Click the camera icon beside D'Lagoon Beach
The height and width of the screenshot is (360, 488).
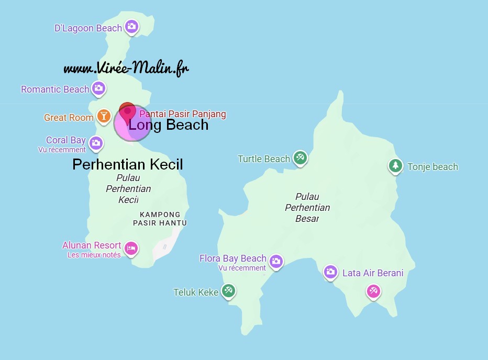tap(131, 26)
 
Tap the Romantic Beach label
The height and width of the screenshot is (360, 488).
tap(55, 89)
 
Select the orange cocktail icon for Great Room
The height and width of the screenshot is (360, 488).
tap(104, 116)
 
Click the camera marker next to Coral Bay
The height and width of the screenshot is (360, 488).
tap(95, 142)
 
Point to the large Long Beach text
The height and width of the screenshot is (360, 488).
tap(169, 125)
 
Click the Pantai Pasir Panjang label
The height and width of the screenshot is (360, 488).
tap(182, 114)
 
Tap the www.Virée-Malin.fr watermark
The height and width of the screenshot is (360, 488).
tap(126, 69)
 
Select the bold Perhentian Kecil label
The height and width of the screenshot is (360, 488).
tap(127, 165)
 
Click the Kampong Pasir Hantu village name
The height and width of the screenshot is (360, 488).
tap(160, 219)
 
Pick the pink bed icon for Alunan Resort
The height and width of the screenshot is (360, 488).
tap(131, 248)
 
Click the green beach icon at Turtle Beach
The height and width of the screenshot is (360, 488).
tap(300, 157)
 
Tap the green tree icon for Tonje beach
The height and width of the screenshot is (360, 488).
tap(395, 166)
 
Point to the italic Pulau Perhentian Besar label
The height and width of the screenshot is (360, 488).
tap(307, 207)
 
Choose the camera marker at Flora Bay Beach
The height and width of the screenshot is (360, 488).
tap(276, 260)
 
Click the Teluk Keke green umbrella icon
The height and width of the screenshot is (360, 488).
tap(228, 290)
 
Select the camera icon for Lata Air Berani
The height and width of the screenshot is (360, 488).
tap(330, 271)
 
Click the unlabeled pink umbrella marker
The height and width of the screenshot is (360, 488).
tap(373, 290)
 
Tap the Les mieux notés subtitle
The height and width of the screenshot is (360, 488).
tap(94, 255)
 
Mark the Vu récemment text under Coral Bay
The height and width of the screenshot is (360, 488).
tap(62, 150)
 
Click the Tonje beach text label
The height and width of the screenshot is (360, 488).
tap(432, 167)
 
